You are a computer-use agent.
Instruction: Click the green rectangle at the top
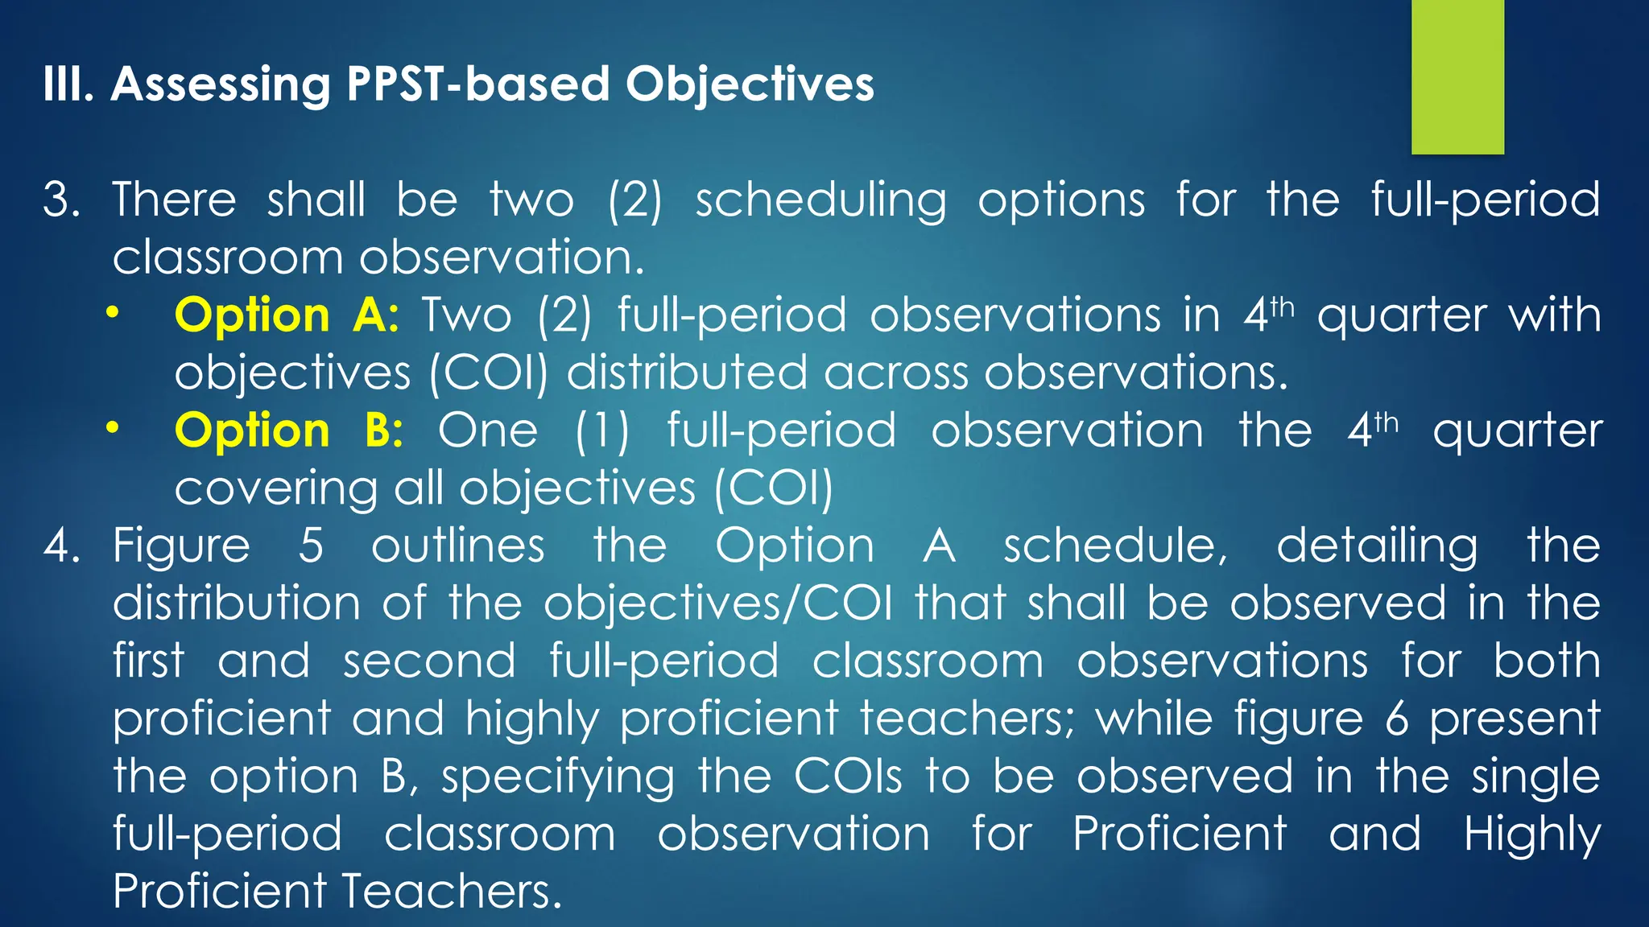(1457, 76)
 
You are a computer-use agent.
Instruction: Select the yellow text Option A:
(287, 315)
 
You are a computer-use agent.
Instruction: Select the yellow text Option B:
(288, 431)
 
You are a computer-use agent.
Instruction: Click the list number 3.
(60, 200)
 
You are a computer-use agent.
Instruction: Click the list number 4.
(60, 546)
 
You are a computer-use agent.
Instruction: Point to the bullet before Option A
(113, 312)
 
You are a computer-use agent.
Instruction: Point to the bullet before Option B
(113, 427)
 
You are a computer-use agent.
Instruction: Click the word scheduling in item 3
(820, 201)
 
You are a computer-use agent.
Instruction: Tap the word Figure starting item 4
(181, 547)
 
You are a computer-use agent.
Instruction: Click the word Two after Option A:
(467, 315)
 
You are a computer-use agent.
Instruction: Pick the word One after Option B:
(488, 431)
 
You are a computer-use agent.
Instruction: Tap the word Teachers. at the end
(451, 892)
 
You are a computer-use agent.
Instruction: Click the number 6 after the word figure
(1397, 719)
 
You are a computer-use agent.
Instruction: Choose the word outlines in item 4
(457, 546)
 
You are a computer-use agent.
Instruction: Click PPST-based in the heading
(477, 85)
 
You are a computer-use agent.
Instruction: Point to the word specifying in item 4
(557, 777)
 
